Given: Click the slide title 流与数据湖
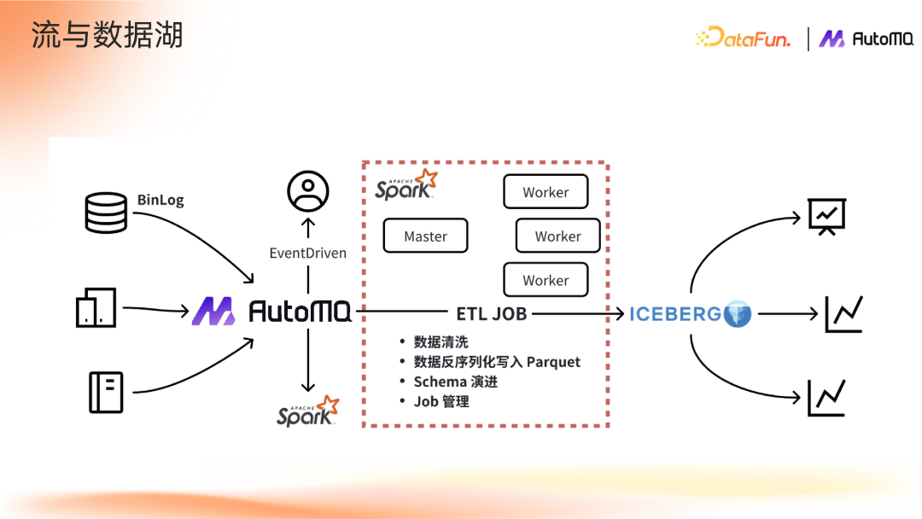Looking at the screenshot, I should click(x=107, y=36).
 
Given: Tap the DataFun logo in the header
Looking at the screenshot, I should click(x=743, y=38).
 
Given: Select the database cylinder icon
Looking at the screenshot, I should click(x=107, y=213).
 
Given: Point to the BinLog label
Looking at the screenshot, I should click(x=160, y=200).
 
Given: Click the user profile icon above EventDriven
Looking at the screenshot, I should click(x=307, y=191).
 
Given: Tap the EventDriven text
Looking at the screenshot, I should click(x=307, y=253).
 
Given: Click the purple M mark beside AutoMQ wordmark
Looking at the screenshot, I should click(x=213, y=312).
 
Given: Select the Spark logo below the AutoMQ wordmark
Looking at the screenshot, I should click(x=307, y=411).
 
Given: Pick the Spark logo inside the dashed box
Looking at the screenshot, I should click(x=406, y=185).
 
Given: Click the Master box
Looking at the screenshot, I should click(x=425, y=236).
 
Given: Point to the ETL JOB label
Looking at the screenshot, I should click(x=491, y=314).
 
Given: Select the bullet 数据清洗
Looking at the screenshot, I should click(x=441, y=342).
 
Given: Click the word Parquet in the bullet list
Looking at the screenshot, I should click(x=553, y=362).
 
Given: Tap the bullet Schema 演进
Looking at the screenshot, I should click(x=455, y=382).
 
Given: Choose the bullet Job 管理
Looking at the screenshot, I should click(x=441, y=401).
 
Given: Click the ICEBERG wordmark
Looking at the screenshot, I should click(x=675, y=314).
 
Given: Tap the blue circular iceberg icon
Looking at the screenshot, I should click(x=738, y=314).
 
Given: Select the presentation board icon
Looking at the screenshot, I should click(x=826, y=216).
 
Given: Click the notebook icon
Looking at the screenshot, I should click(x=107, y=392).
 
